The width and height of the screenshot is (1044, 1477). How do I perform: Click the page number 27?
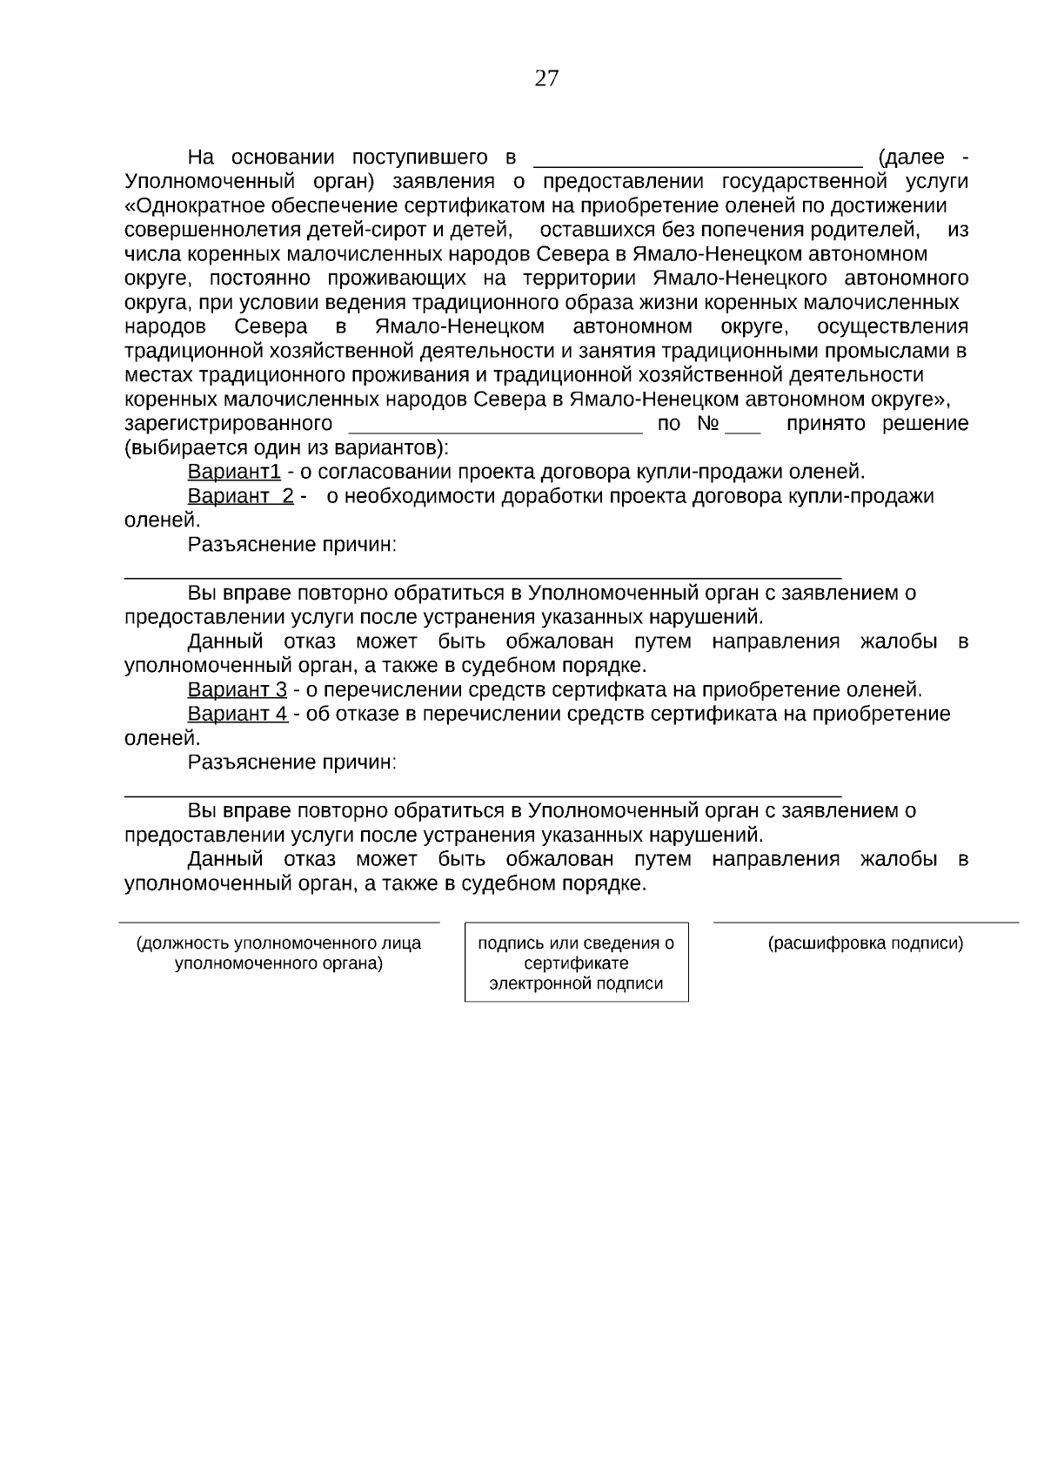click(546, 79)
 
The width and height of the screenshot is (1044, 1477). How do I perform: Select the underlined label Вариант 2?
click(240, 497)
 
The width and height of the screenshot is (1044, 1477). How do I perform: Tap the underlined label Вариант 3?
click(237, 690)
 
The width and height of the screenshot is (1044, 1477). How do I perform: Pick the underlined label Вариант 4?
click(237, 715)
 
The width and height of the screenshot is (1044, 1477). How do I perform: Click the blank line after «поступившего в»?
click(696, 162)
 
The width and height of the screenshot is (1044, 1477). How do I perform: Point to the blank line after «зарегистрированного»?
click(495, 429)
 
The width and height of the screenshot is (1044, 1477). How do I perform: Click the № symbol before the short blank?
click(706, 425)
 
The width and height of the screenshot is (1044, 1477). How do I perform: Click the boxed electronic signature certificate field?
click(576, 963)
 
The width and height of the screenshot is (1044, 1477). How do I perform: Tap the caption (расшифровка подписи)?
click(866, 943)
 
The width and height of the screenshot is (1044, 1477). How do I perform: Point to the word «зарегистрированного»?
click(229, 425)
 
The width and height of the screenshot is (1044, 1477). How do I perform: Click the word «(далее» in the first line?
click(911, 158)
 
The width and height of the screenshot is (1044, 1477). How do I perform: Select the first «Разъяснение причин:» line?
click(292, 545)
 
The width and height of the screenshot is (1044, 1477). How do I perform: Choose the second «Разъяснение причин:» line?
click(292, 762)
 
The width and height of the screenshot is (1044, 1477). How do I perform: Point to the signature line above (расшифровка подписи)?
click(866, 922)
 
